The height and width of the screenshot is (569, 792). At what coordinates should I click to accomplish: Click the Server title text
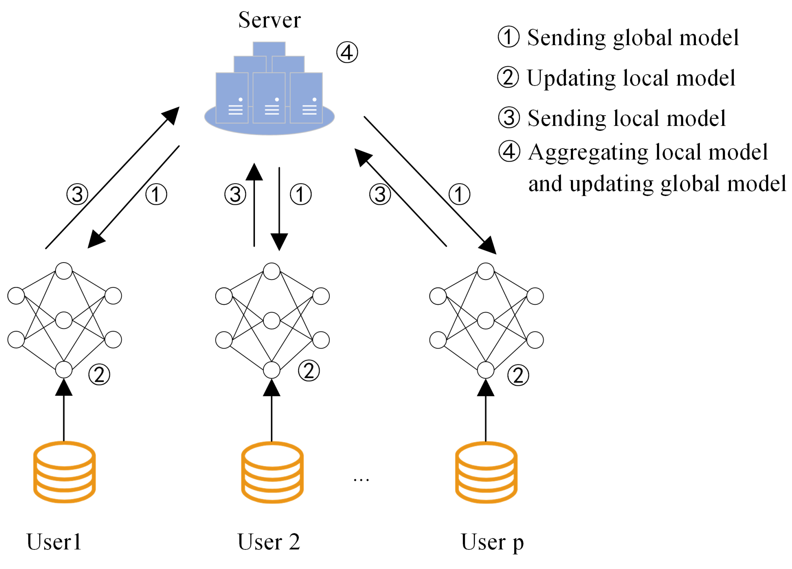[269, 20]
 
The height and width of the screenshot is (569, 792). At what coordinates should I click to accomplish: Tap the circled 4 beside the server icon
[347, 52]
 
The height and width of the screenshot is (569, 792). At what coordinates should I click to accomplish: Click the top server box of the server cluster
[269, 49]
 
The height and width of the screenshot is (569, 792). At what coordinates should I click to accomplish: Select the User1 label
[54, 542]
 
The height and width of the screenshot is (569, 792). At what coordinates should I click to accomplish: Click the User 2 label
[269, 542]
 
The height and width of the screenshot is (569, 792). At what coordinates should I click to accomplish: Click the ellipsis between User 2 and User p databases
[361, 480]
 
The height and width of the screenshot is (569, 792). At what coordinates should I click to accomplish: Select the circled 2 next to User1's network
[99, 374]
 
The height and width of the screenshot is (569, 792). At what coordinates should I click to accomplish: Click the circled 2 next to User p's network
[518, 375]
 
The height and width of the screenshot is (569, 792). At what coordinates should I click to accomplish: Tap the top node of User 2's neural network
[272, 271]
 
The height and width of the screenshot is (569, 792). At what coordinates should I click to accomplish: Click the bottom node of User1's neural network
[64, 370]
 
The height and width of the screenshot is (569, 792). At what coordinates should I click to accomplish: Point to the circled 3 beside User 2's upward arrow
[235, 194]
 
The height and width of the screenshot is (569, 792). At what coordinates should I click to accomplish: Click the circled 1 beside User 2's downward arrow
[301, 194]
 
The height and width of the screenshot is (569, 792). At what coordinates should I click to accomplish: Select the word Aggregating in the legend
[588, 152]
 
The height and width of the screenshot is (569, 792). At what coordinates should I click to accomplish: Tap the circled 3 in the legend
[509, 117]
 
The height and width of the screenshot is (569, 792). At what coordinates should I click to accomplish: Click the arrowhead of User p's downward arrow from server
[489, 246]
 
